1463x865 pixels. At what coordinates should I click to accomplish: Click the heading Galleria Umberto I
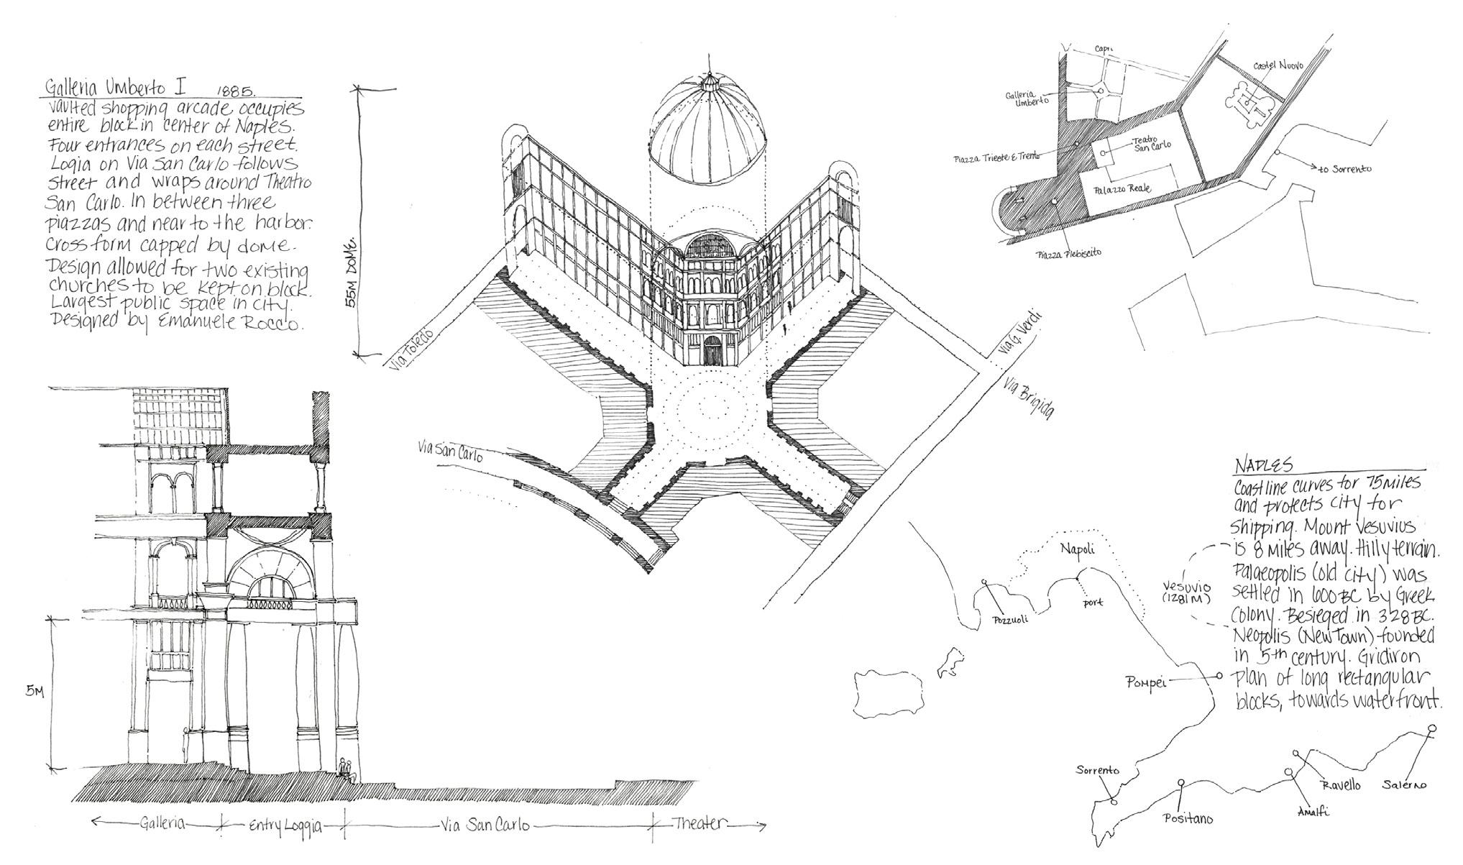pos(115,88)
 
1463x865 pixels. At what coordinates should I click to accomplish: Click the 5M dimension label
pos(34,692)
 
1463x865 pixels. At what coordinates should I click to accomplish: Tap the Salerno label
pos(1403,785)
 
